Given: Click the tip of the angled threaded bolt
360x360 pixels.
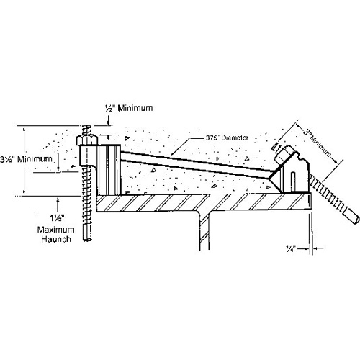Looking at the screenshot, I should coord(354,216).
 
